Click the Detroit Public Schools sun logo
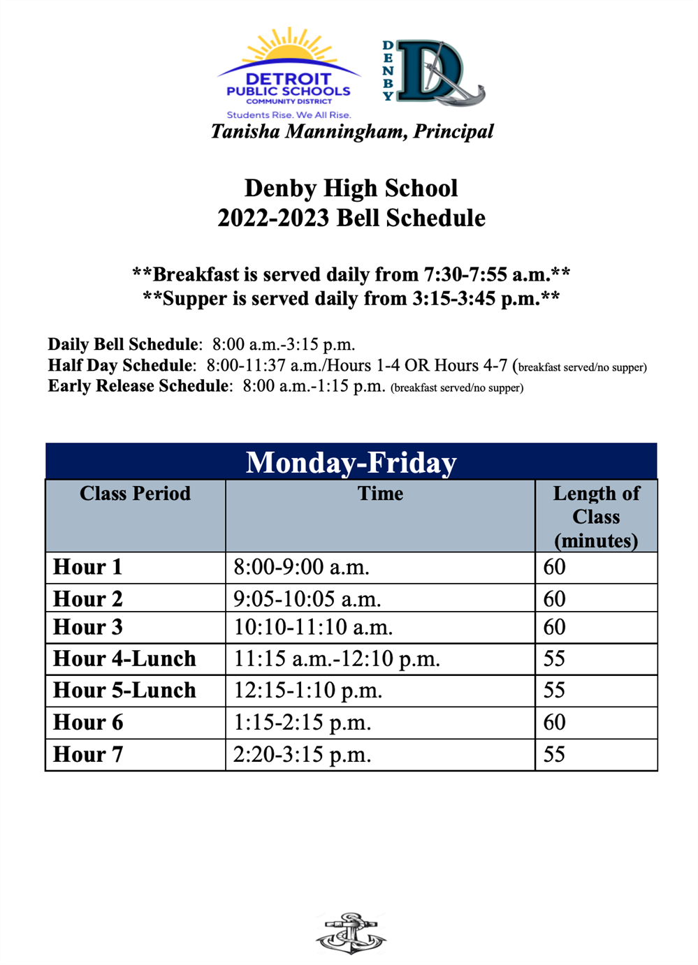(289, 73)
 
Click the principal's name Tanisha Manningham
(352, 131)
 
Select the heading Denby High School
(351, 188)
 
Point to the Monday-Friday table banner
(351, 462)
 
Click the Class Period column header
(135, 494)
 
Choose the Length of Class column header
(596, 517)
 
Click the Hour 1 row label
(88, 567)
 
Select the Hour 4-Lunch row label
(124, 658)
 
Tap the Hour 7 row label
(88, 755)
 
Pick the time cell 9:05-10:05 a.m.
(307, 599)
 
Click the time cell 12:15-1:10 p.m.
(307, 691)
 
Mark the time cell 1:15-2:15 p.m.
(302, 723)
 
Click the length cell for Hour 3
(554, 627)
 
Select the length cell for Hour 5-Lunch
(554, 691)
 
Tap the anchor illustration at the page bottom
(351, 933)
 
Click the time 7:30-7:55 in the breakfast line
(465, 274)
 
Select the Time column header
(380, 494)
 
